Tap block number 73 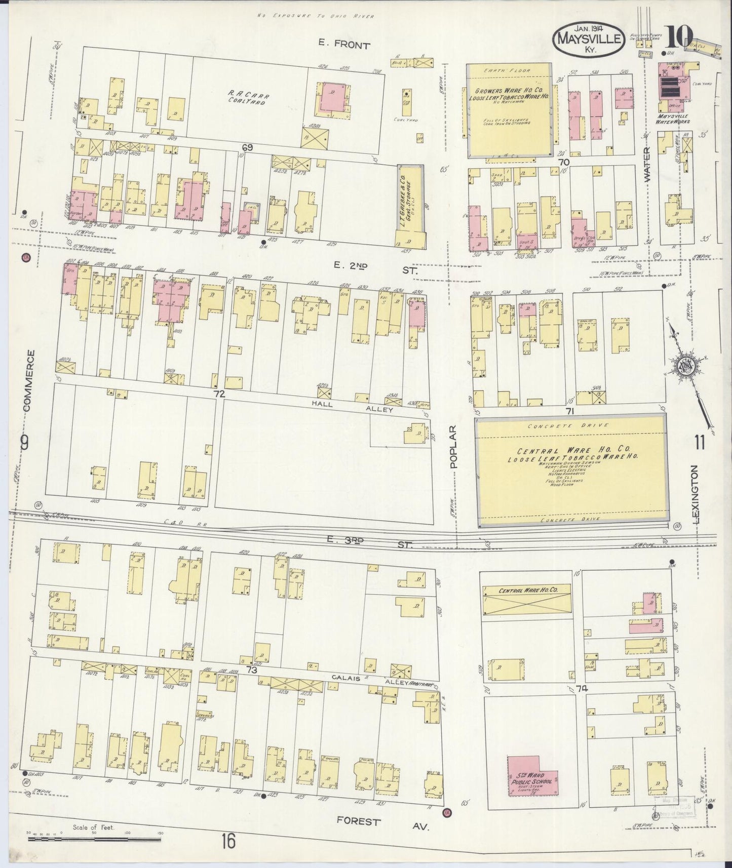[x=251, y=670]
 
